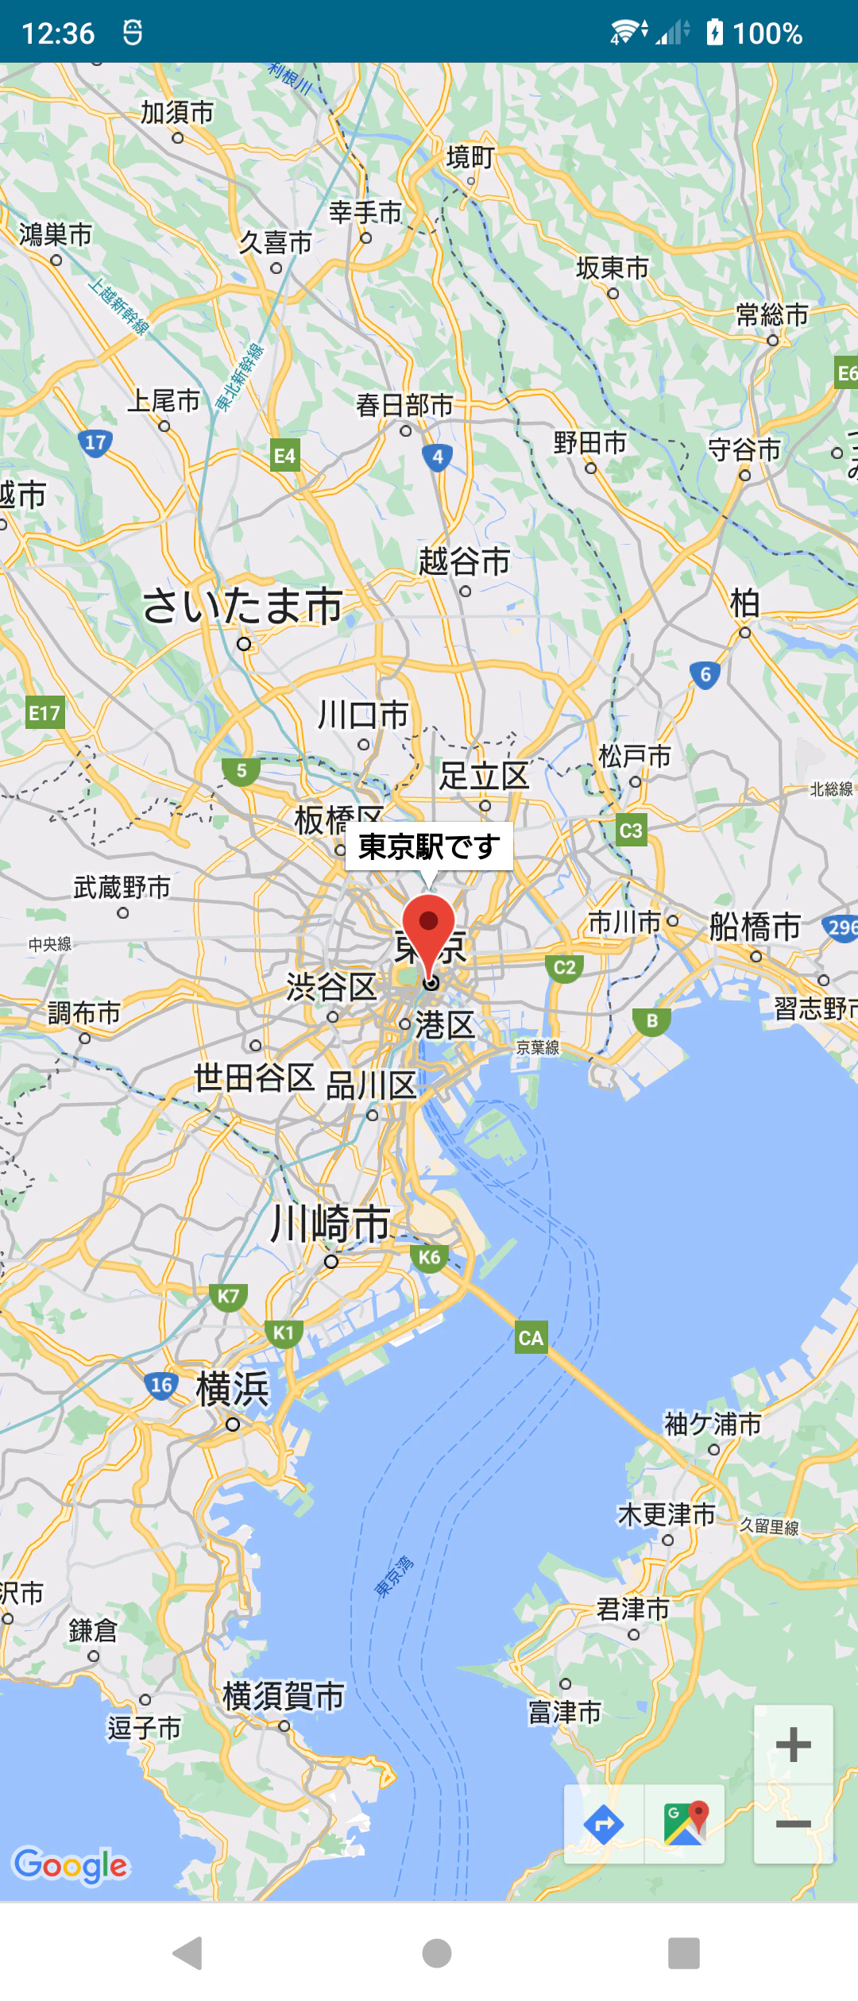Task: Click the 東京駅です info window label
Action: coord(429,846)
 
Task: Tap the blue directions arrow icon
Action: coord(604,1824)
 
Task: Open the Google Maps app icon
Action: coord(685,1824)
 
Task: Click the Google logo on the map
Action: coord(71,1865)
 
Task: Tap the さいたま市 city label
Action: coord(242,606)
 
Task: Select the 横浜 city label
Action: coord(233,1389)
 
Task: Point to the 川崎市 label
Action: coord(330,1224)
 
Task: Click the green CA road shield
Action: coord(531,1338)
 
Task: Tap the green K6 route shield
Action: coord(430,1257)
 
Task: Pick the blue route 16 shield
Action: coord(161,1386)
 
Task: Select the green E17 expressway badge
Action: coord(44,713)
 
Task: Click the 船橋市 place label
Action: coord(755,927)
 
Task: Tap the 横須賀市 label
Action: coord(284,1696)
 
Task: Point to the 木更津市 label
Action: coord(667,1515)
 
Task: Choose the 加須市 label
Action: coord(177,113)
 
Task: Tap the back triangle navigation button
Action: coord(188,1953)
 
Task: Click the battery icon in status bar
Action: coord(715,33)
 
